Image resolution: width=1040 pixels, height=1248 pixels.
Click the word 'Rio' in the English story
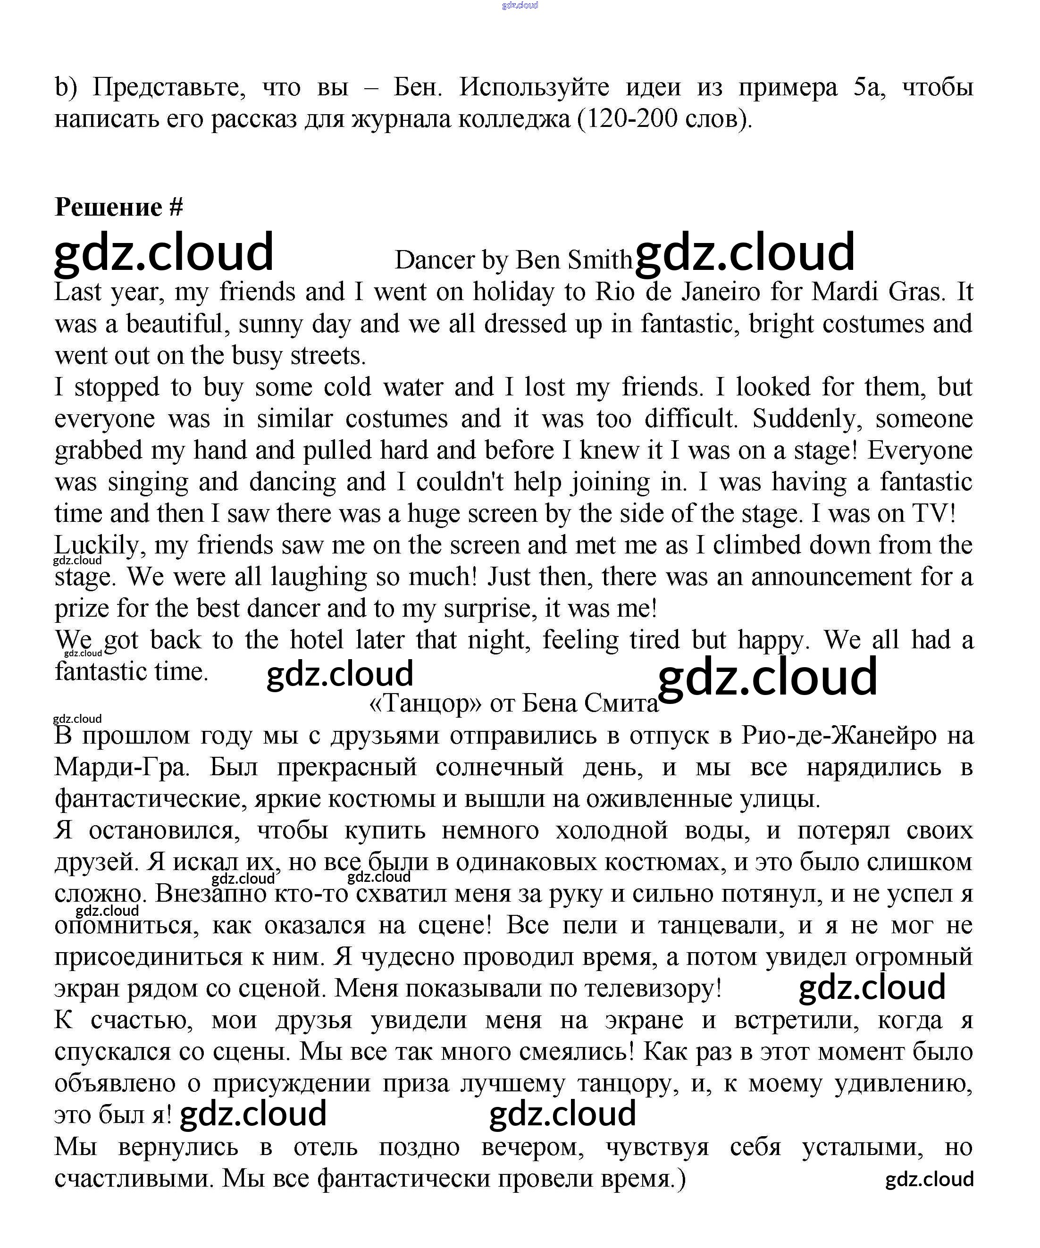coord(612,292)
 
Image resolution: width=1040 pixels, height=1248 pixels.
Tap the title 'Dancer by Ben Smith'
coord(513,260)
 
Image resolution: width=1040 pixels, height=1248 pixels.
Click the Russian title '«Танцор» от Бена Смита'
coord(513,704)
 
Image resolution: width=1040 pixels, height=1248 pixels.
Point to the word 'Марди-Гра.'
coord(122,767)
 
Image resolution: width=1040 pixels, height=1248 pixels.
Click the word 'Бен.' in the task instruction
coord(418,87)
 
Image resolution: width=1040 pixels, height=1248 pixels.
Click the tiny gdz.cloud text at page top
coord(520,5)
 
